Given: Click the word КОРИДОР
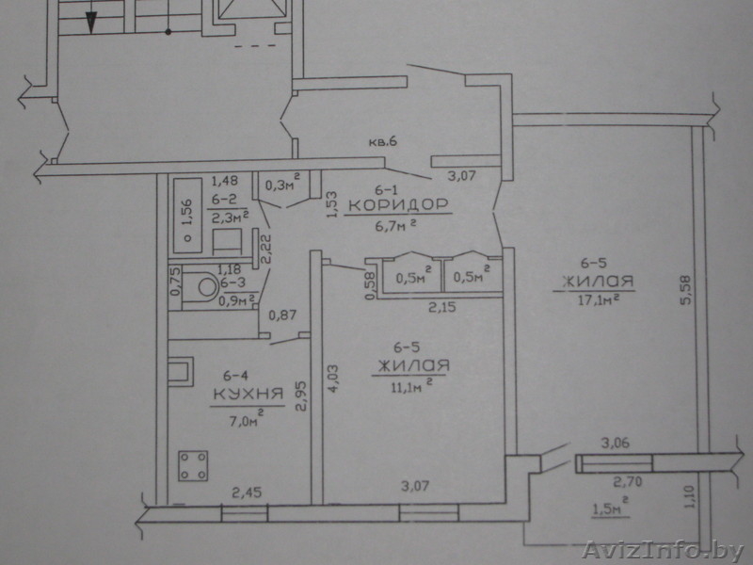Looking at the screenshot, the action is click(398, 205).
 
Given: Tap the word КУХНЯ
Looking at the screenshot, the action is click(248, 395).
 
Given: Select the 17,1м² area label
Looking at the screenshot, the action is click(598, 299).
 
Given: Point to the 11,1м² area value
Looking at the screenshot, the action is click(410, 385).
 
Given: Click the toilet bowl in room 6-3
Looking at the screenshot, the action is click(205, 287).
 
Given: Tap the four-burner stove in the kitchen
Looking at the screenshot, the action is click(193, 465).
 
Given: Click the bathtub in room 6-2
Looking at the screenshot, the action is click(187, 216).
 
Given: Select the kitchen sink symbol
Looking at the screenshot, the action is click(180, 371).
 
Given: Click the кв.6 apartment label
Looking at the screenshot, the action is click(383, 142).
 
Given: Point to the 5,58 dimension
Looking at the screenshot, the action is click(685, 289).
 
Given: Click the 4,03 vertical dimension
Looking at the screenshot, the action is click(333, 379).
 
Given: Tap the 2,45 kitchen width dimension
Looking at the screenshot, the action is click(247, 492).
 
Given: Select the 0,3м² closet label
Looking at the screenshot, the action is click(283, 184).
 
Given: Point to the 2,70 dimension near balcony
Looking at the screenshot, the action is click(628, 481).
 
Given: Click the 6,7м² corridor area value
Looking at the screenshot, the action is click(395, 225).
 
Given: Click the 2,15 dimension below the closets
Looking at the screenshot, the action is click(441, 307).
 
